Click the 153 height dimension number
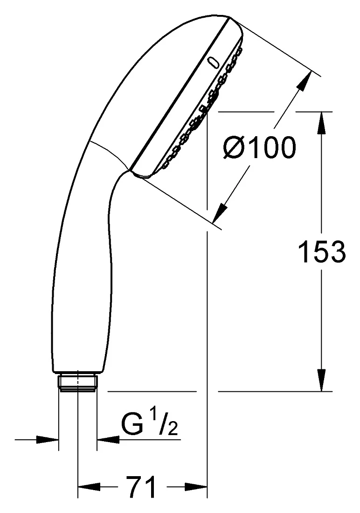322,251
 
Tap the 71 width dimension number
142,487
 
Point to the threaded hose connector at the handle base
78,382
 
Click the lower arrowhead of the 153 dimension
322,380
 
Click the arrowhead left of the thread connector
48,439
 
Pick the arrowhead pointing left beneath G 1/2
108,439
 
